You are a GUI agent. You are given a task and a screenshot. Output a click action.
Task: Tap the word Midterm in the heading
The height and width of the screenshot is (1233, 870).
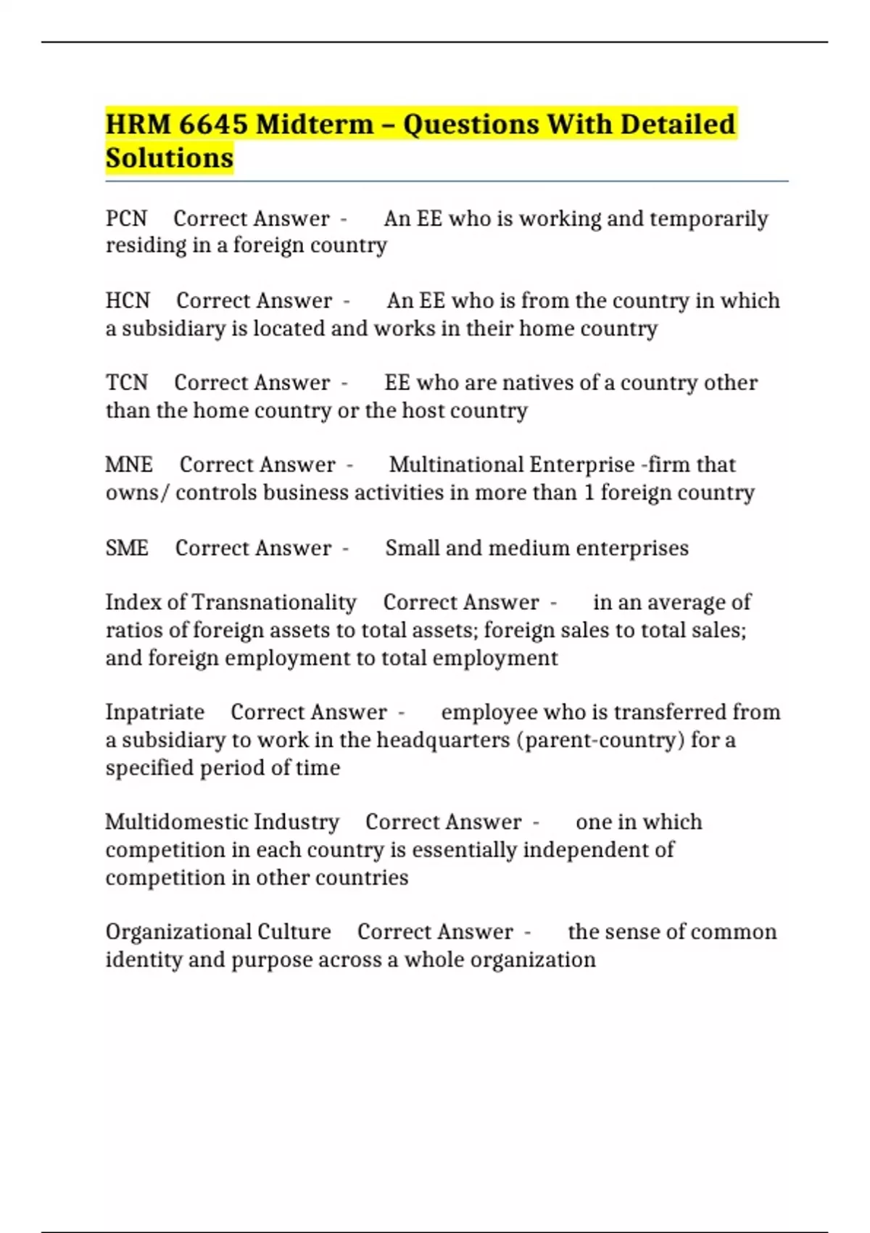pos(315,124)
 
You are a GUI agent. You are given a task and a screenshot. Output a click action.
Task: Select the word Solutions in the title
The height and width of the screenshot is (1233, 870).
pos(170,157)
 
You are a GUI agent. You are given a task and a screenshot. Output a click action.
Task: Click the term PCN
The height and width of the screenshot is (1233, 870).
pos(126,218)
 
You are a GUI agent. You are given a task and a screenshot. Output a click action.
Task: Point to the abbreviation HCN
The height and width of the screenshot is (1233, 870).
pos(128,300)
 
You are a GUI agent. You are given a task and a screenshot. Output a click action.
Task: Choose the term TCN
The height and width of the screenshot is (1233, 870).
pos(126,382)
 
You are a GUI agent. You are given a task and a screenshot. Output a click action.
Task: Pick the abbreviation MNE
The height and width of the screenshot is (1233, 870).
pos(129,464)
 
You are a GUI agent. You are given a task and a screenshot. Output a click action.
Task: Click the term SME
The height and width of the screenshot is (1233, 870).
pos(127,548)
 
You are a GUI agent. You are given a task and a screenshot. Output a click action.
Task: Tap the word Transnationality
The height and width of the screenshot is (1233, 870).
pos(274,602)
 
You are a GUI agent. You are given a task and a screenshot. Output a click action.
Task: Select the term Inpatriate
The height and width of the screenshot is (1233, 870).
pos(154,712)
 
